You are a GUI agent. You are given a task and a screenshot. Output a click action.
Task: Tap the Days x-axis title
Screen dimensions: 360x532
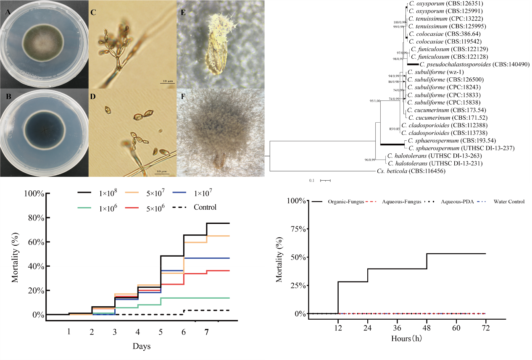pyautogui.click(x=142, y=347)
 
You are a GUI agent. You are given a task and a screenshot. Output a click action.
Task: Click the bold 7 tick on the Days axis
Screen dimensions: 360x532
pyautogui.click(x=206, y=332)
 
